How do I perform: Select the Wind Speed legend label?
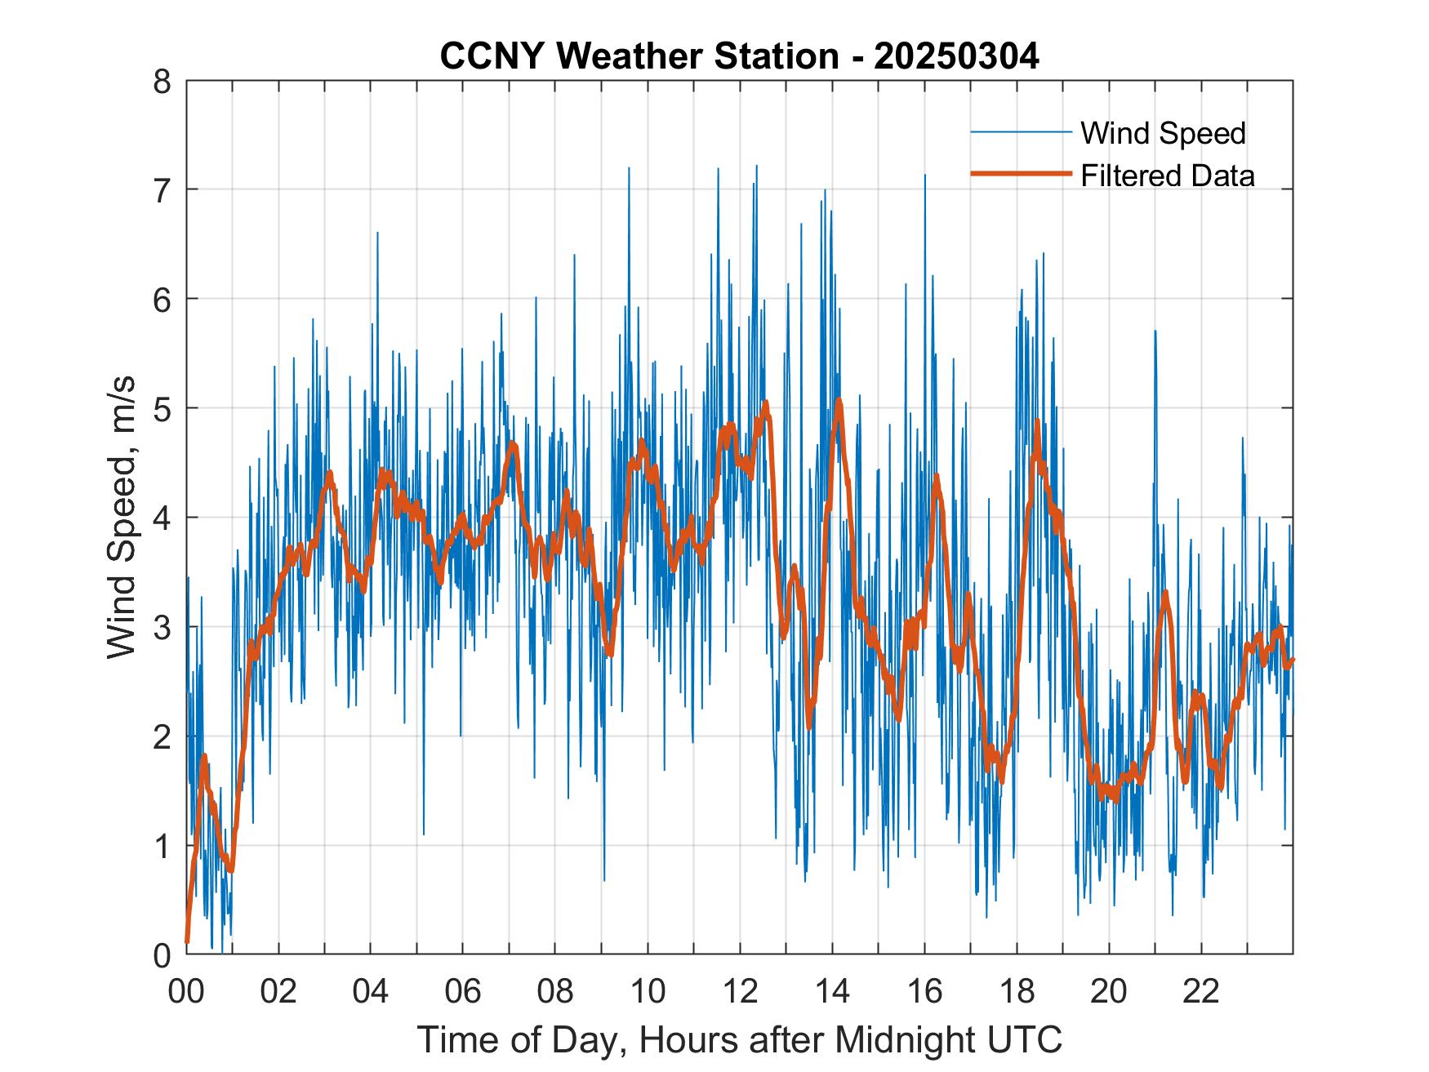(1163, 133)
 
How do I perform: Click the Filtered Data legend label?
(1167, 176)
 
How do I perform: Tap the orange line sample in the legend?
(1021, 174)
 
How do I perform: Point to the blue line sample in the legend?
(1021, 132)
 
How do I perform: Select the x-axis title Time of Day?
(739, 1040)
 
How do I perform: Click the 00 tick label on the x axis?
(186, 992)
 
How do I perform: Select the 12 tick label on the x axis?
(740, 992)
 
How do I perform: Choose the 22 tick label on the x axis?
(1201, 992)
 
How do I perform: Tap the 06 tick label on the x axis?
(463, 992)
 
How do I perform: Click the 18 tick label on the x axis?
(1017, 992)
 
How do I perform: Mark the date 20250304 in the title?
(956, 56)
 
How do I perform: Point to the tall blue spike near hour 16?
(925, 176)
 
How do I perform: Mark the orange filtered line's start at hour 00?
(187, 941)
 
